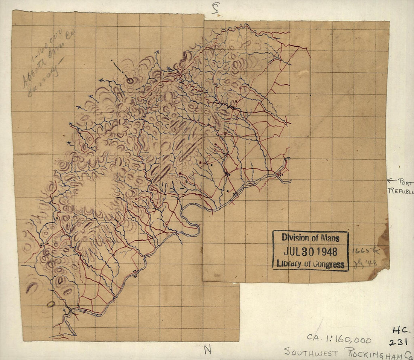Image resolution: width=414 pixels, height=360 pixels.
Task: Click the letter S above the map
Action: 215,8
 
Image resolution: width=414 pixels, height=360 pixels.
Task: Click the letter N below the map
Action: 207,350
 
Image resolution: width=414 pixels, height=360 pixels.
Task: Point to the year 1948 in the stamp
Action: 325,251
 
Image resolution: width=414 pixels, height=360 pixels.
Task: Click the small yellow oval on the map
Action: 50,304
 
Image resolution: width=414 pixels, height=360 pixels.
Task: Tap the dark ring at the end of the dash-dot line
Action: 130,80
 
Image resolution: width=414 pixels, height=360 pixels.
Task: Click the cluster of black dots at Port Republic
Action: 280,174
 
